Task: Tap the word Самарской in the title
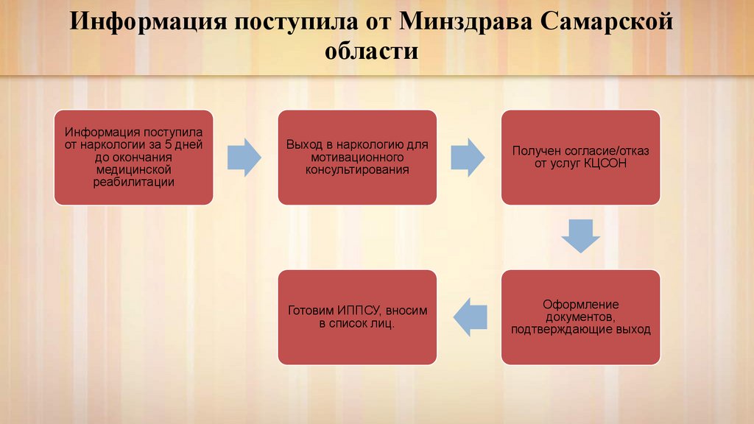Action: [x=607, y=22]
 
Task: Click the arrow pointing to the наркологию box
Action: [x=244, y=156]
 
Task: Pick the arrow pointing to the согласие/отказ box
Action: [x=468, y=156]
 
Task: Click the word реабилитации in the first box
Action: [x=133, y=182]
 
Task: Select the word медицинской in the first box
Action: [x=133, y=169]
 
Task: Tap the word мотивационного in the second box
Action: [x=357, y=158]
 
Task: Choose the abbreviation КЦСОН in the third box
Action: [x=606, y=163]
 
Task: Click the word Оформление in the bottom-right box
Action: [x=581, y=304]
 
